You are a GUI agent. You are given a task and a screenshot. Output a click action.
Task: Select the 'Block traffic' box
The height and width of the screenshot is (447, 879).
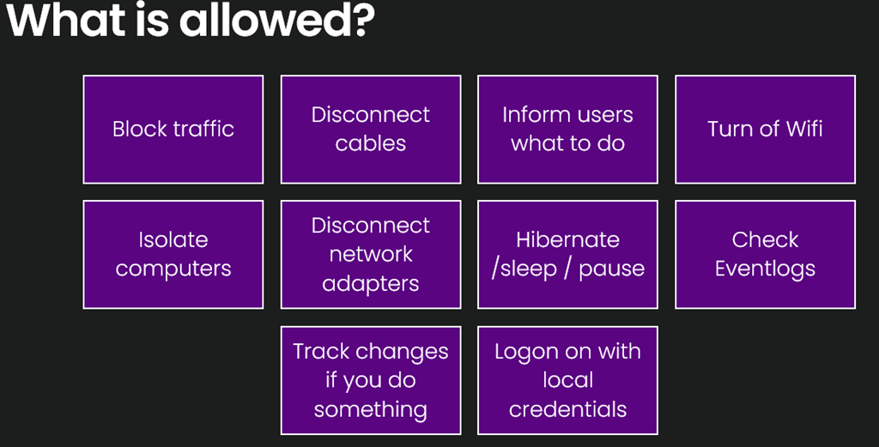173,130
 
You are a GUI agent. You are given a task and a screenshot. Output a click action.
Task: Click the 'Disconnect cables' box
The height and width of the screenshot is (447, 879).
371,130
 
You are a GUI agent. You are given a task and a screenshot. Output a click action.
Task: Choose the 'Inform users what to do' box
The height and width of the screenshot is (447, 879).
568,130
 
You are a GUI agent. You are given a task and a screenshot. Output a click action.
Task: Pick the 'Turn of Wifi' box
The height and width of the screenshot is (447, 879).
765,130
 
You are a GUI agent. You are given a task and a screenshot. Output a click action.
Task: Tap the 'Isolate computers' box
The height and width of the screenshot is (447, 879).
173,254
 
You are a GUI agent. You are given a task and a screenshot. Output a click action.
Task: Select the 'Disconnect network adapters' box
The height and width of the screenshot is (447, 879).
371,254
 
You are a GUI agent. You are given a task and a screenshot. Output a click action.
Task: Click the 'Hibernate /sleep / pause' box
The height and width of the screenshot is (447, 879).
568,254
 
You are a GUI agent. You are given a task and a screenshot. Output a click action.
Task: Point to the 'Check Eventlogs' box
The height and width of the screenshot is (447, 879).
765,254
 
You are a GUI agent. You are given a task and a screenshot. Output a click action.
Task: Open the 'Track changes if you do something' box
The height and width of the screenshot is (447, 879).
371,380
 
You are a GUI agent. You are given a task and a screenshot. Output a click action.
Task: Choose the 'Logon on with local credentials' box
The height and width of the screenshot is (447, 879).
568,380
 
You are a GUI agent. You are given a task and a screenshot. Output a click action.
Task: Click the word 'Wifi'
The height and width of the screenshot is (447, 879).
803,129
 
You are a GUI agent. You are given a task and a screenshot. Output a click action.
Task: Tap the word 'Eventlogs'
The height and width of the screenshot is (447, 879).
765,269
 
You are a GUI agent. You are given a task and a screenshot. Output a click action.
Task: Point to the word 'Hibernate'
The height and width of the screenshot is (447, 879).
568,239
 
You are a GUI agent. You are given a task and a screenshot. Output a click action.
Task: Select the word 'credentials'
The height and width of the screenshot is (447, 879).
568,409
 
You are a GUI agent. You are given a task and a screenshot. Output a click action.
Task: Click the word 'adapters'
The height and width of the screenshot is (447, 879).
371,284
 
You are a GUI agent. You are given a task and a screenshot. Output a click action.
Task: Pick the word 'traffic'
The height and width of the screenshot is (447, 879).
203,129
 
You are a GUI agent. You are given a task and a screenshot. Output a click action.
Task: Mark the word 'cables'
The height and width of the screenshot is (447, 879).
371,143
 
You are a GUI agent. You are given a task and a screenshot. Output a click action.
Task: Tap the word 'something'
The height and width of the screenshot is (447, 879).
371,410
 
